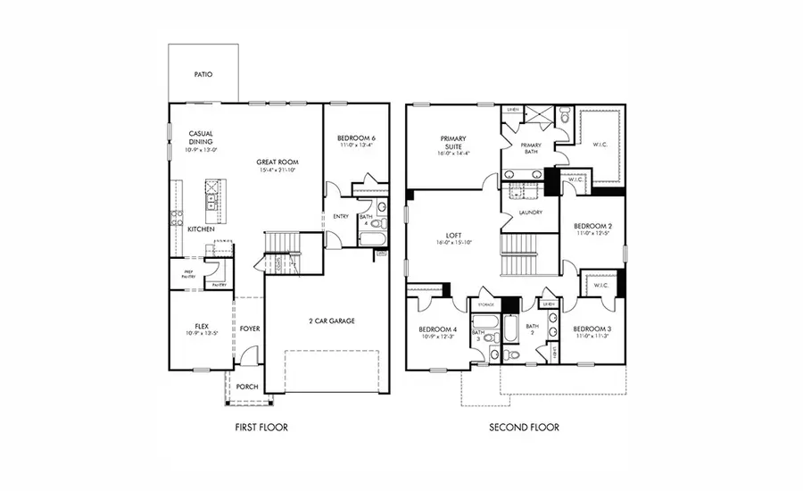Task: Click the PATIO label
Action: coord(203,76)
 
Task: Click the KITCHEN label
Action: coord(200,229)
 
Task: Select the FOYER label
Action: coord(249,329)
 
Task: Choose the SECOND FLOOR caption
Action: coord(524,428)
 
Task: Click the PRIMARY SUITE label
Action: coord(453,144)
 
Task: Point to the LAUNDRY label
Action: coord(530,212)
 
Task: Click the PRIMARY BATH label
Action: coord(531,147)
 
